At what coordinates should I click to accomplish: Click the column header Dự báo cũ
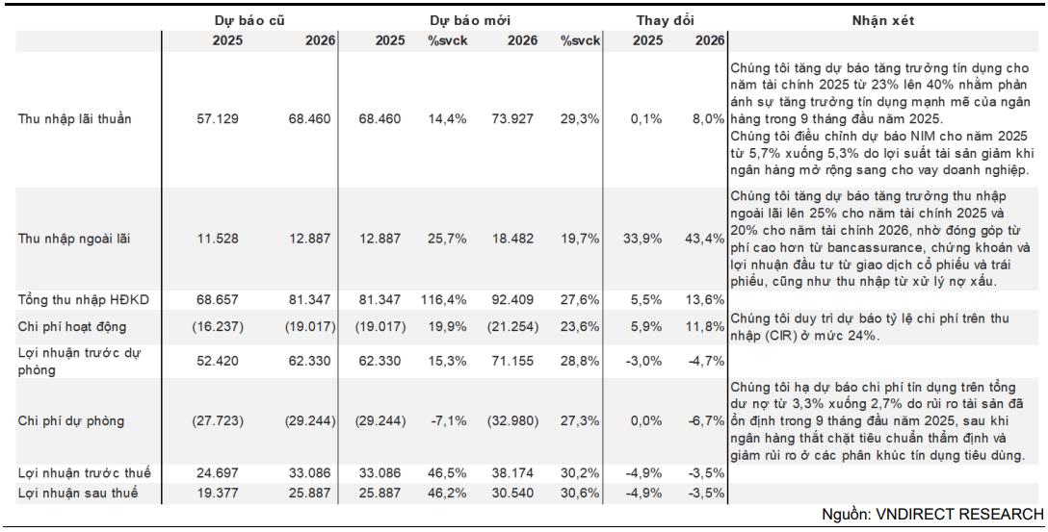(249, 20)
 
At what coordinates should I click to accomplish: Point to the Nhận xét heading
(882, 20)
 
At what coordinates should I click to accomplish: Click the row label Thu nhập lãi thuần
(74, 118)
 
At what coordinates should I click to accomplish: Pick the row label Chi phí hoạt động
(71, 327)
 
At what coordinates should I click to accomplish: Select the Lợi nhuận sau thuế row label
(77, 493)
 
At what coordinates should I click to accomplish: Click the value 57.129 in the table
(218, 118)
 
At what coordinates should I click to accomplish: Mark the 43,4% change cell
(708, 238)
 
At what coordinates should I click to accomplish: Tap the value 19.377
(218, 493)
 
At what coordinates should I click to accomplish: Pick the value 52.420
(218, 361)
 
